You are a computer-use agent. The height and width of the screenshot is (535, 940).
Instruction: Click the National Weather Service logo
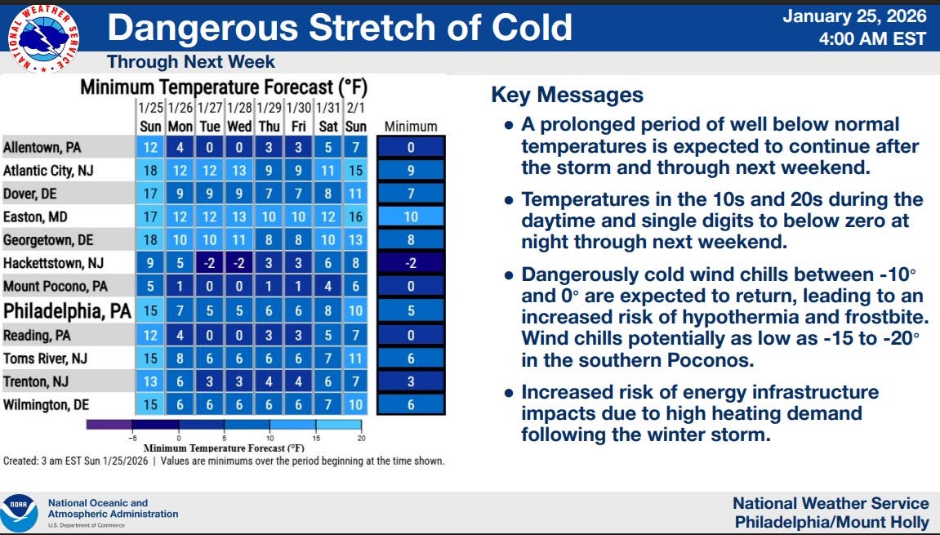click(43, 38)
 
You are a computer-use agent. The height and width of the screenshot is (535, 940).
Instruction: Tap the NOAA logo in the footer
click(19, 513)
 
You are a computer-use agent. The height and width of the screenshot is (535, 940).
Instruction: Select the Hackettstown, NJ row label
click(53, 263)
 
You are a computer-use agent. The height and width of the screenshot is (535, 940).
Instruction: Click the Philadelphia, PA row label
click(67, 310)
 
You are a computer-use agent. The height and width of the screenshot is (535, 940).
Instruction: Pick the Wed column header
click(239, 127)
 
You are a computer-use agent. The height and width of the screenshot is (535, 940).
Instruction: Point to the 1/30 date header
click(298, 108)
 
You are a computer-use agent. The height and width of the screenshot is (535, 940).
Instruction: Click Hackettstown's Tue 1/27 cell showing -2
click(209, 263)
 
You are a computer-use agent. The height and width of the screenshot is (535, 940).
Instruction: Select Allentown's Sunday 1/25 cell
click(150, 148)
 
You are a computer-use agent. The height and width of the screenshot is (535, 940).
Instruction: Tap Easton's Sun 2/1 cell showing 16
click(355, 216)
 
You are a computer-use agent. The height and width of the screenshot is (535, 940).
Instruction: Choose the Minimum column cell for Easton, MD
click(411, 216)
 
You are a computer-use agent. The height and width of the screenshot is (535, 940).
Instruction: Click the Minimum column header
click(411, 127)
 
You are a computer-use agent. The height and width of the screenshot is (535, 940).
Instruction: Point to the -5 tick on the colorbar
click(132, 439)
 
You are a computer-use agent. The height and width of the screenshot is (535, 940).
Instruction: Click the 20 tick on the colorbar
click(362, 439)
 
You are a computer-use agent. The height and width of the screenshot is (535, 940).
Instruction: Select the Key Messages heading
click(567, 95)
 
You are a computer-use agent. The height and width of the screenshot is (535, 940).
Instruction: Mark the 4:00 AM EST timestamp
click(873, 39)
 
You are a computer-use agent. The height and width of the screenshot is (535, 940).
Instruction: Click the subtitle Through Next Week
click(190, 62)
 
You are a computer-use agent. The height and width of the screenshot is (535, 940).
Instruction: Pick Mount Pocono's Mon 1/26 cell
click(180, 287)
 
